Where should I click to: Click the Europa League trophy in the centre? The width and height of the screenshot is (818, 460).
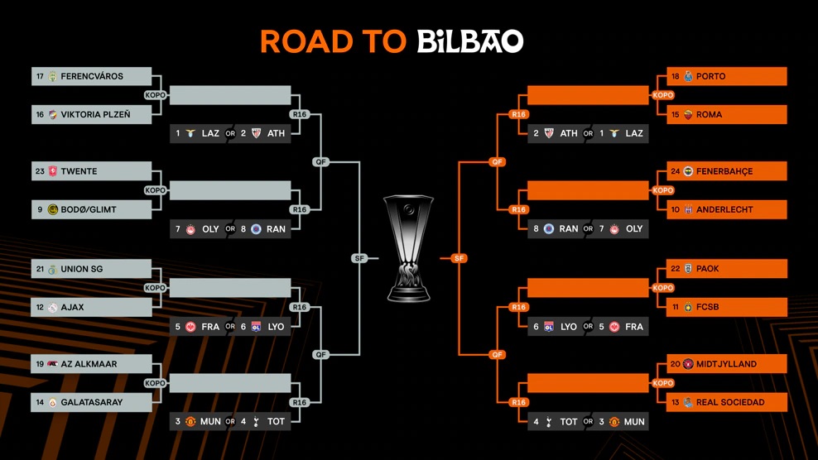click(409, 247)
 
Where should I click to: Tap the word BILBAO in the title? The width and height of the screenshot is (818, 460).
click(469, 41)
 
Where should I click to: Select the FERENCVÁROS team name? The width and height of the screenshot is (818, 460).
click(92, 76)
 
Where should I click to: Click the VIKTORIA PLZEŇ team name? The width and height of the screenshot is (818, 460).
click(95, 115)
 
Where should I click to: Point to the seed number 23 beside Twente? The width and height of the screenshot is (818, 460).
click(39, 171)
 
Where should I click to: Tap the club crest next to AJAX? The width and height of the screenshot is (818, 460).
click(53, 308)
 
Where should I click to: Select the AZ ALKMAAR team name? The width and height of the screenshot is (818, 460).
click(89, 364)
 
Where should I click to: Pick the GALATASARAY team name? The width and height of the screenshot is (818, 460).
click(91, 403)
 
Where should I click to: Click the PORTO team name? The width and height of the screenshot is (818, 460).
click(710, 76)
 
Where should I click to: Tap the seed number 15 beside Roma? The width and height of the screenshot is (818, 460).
click(676, 115)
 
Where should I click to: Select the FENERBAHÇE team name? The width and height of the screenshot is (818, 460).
click(724, 171)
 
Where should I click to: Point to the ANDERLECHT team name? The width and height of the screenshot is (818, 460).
click(724, 210)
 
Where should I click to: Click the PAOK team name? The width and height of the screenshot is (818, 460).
click(708, 269)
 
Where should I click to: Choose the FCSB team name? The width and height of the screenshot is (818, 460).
click(708, 308)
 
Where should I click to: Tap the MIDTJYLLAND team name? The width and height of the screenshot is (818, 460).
click(726, 364)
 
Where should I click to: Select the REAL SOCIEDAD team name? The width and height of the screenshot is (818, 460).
click(730, 403)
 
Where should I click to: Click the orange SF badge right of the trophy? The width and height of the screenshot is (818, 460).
click(459, 258)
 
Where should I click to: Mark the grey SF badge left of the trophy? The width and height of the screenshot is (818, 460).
click(359, 258)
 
